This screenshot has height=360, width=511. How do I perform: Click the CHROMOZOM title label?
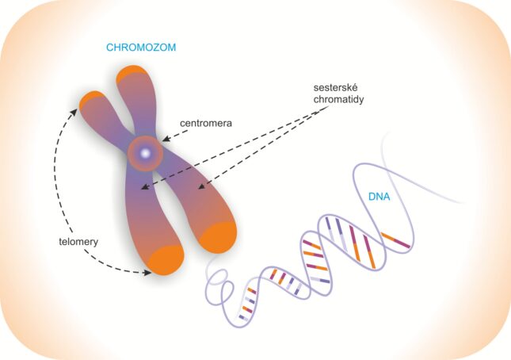(x=141, y=48)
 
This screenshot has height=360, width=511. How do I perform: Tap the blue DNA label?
(x=379, y=197)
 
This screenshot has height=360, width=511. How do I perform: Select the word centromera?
(x=206, y=123)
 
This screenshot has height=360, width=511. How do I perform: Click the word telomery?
(x=78, y=242)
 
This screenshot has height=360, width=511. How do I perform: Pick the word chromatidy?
(x=338, y=99)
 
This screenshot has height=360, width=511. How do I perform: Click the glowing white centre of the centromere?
(x=145, y=152)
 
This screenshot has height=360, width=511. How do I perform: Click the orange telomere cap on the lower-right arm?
(x=219, y=237)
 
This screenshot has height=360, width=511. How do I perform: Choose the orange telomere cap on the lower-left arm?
(x=166, y=261)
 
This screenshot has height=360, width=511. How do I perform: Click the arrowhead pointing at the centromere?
(x=166, y=139)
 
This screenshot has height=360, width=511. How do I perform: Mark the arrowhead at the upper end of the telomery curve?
(x=74, y=112)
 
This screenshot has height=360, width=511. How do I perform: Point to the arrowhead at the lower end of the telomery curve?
(x=147, y=272)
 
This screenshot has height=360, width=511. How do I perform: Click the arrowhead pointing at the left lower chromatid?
(x=144, y=187)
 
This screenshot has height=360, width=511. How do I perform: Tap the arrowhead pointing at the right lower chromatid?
(x=202, y=186)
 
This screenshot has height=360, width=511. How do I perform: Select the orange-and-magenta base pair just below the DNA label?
(x=395, y=240)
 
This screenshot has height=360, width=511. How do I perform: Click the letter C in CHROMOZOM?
(x=110, y=48)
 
